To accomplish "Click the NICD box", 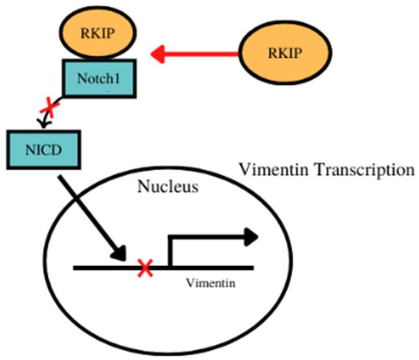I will pos(43,150).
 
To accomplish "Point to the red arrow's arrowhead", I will pos(159,53).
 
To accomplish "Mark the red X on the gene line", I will pos(145,268).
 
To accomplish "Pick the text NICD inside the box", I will pos(43,150).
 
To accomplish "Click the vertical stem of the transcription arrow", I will pos(169,251).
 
